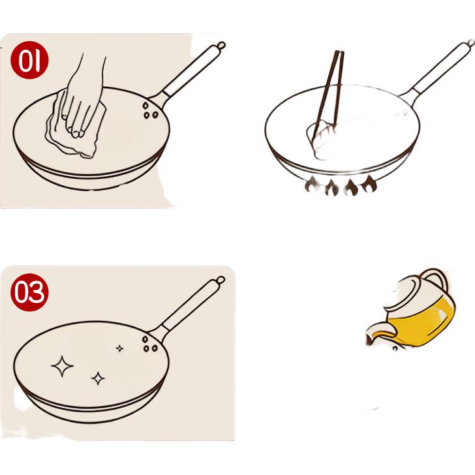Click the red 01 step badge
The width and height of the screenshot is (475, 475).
29,60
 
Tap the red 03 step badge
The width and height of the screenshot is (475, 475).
29,292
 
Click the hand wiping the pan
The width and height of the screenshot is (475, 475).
82,97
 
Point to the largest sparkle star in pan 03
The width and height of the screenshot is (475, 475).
62,366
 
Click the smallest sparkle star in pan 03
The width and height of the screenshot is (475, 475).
119,348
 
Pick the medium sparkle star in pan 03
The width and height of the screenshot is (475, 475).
98,378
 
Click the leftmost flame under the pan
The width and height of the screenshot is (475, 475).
312,185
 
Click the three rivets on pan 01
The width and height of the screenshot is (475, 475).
150,110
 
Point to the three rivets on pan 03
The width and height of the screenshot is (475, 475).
150,344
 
